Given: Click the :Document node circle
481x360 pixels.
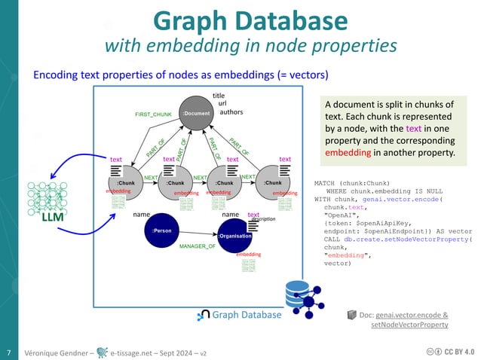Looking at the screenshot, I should (195, 114).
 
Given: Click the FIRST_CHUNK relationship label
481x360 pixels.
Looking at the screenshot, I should (154, 114).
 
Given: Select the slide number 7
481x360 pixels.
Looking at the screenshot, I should (8, 352).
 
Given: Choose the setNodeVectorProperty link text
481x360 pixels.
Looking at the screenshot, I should (410, 325).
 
